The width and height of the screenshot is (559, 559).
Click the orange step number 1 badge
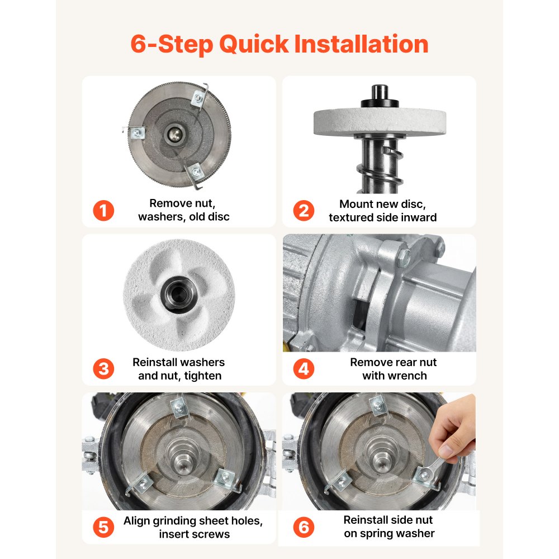click(103, 210)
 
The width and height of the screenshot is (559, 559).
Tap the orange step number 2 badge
click(304, 210)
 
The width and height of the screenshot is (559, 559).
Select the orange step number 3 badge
click(103, 368)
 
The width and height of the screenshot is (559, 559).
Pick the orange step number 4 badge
click(304, 368)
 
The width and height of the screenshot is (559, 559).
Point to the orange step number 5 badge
click(103, 527)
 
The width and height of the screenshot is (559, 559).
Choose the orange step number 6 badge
click(304, 527)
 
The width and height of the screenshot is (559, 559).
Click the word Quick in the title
click(254, 44)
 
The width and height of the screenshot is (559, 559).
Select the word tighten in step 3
click(202, 376)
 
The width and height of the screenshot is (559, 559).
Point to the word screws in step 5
click(212, 534)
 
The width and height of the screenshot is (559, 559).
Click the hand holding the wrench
click(453, 428)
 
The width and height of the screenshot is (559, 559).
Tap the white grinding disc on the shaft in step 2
click(380, 122)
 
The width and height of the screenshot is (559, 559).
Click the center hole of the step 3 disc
click(179, 294)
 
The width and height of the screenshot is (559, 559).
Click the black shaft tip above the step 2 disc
click(380, 92)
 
